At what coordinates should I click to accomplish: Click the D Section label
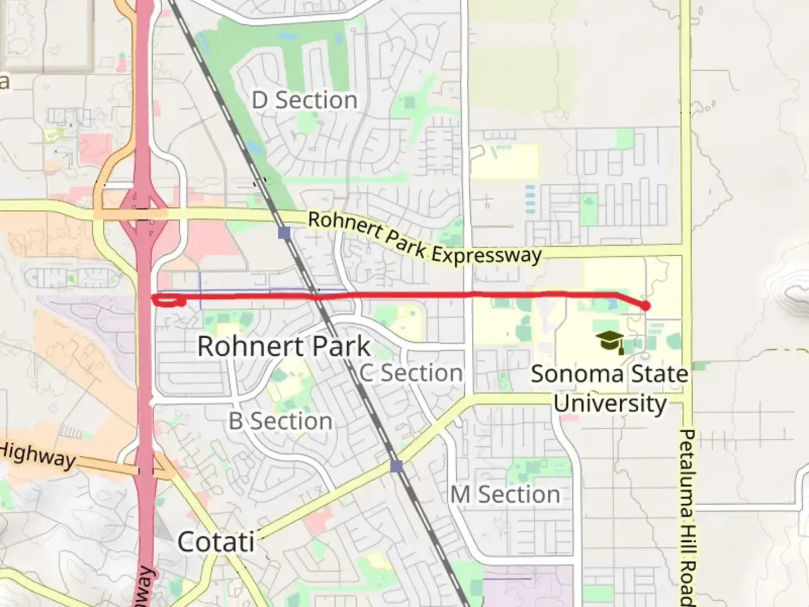point(304,101)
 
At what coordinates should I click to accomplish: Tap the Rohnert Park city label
point(284,346)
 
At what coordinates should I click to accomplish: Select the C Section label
point(411,373)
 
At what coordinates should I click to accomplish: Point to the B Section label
point(280,421)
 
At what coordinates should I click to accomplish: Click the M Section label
point(505,495)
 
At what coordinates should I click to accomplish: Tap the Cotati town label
point(216,542)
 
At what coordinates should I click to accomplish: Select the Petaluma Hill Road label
point(687,517)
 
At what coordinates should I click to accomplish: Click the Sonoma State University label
point(610,388)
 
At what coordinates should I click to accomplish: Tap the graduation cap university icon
point(610,341)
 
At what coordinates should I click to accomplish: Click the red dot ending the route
point(646,306)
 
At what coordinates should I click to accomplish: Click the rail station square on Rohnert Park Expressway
point(284,232)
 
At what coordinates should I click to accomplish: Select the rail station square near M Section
point(397,466)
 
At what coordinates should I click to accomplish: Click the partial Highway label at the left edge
point(37,455)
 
